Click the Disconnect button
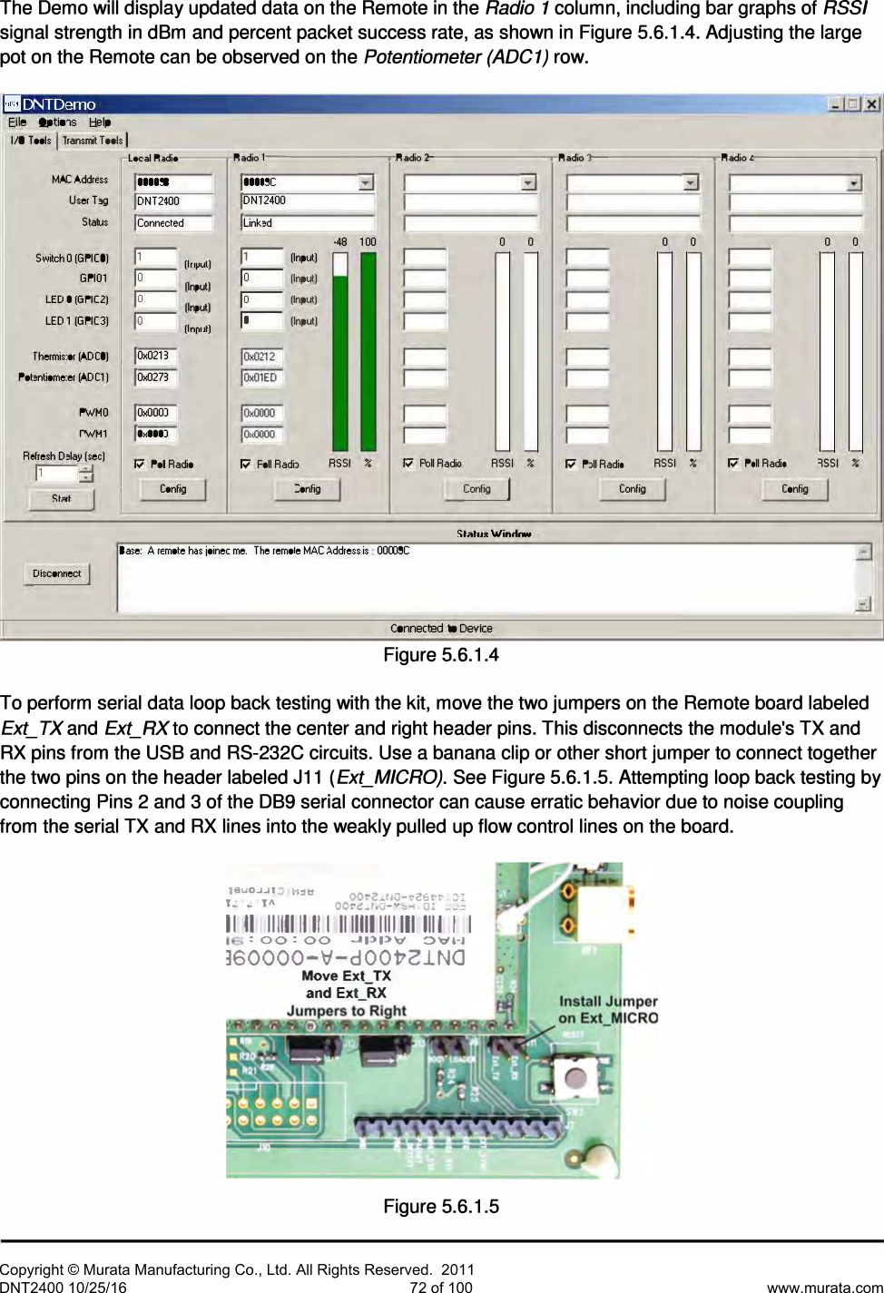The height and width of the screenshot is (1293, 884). point(56,573)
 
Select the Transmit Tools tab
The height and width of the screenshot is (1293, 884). point(93,141)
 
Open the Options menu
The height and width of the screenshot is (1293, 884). point(57,122)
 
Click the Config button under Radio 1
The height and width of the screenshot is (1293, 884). point(307,489)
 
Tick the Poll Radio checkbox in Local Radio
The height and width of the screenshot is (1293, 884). point(140,465)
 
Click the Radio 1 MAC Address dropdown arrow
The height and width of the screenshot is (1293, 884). point(365,182)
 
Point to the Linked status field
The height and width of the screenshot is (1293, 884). point(307,222)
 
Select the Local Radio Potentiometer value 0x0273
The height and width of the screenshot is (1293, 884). point(156,377)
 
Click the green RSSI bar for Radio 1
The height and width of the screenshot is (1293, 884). point(339,358)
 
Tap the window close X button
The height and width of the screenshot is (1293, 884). point(871,103)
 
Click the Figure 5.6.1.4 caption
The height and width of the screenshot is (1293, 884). point(441,655)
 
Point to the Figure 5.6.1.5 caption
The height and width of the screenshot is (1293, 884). point(441,1206)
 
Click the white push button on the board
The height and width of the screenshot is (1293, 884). point(575,1077)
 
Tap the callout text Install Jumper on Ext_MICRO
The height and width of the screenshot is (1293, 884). point(607,1009)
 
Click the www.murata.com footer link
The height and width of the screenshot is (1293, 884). point(824,1287)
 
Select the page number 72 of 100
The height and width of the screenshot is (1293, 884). point(441,1287)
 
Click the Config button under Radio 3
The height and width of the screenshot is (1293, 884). point(632,489)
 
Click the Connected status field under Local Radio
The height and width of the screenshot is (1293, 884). point(172,223)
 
